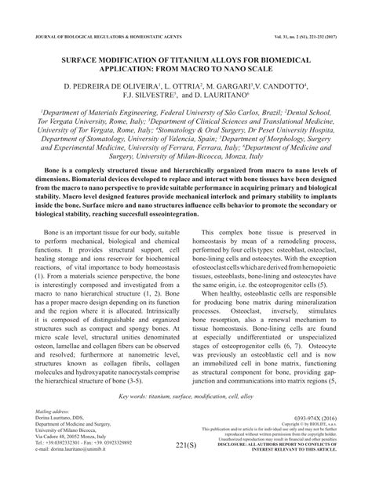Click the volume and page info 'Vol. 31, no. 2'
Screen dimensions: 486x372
[x=283, y=36]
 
